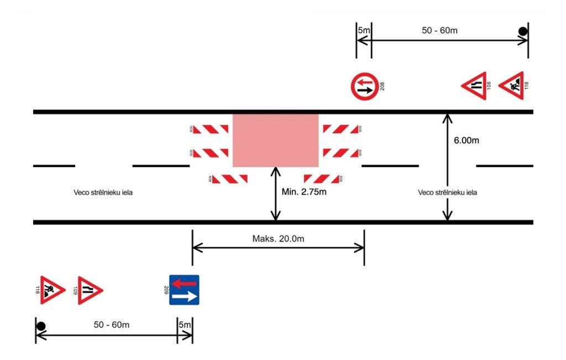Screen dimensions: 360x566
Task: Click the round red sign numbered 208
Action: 364,86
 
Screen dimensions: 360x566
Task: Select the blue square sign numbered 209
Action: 184,290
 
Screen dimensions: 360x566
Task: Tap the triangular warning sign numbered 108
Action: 475,86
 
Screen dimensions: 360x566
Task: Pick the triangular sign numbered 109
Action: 90,290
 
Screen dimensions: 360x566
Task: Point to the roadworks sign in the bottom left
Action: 53,290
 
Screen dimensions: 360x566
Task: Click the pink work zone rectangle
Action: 275,140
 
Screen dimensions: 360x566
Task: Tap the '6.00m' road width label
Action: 467,140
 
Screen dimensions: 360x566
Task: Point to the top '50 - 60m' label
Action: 439,30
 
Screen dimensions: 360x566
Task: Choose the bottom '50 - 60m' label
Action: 112,325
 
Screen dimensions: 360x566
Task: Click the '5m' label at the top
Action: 363,30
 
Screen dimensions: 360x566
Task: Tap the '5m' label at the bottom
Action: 185,325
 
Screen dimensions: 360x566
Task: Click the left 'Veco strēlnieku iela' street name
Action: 103,193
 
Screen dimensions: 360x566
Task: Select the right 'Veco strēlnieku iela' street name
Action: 448,193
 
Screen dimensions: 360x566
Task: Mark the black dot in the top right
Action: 522,32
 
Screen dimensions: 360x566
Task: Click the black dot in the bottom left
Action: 41,326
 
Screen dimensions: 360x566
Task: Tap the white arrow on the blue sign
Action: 184,297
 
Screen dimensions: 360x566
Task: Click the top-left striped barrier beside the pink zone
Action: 210,129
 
